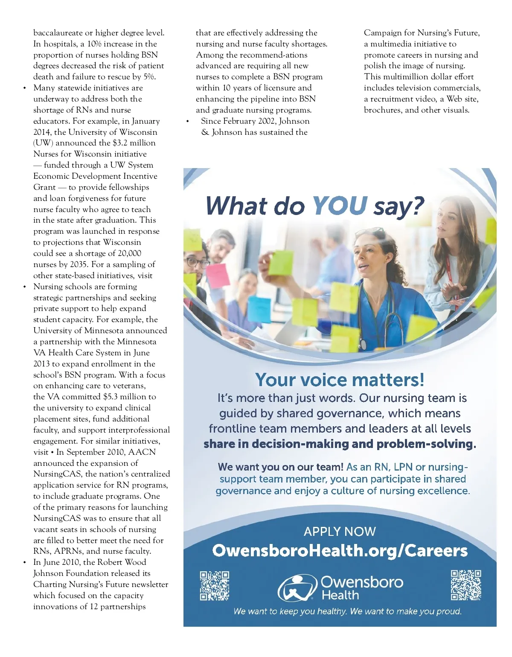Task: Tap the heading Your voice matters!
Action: point(340,379)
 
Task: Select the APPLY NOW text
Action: point(340,531)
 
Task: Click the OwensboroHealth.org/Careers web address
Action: point(340,550)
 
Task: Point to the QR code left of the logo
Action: point(215,586)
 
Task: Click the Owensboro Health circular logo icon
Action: point(297,588)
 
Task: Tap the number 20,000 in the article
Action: point(129,253)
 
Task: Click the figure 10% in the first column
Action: point(94,44)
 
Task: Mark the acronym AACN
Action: point(142,452)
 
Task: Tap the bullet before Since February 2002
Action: point(187,122)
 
